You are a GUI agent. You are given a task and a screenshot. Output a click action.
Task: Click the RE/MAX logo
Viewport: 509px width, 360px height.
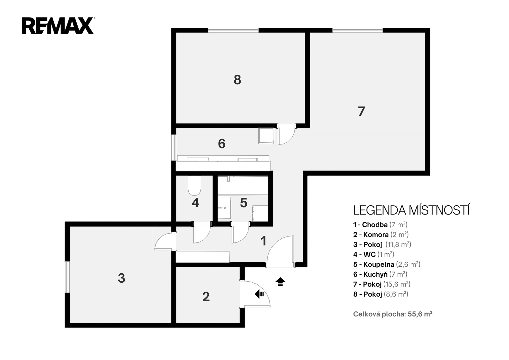pyautogui.click(x=58, y=25)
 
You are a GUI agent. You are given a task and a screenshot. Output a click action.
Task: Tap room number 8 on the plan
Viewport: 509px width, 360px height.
pyautogui.click(x=237, y=80)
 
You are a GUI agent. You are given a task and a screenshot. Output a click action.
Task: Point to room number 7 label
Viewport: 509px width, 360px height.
pyautogui.click(x=361, y=111)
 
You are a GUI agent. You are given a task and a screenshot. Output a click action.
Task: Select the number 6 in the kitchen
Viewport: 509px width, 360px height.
pyautogui.click(x=221, y=144)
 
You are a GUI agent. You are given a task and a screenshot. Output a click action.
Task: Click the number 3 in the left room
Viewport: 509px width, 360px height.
pyautogui.click(x=121, y=278)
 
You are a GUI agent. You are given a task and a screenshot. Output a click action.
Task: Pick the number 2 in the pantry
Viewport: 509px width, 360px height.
pyautogui.click(x=206, y=297)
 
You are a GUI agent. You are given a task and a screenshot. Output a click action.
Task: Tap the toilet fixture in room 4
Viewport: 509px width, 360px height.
pyautogui.click(x=194, y=186)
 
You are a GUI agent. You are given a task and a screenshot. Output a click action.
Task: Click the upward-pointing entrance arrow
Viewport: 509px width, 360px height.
pyautogui.click(x=280, y=282)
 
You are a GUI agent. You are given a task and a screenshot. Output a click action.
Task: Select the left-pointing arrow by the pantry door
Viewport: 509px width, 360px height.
pyautogui.click(x=259, y=294)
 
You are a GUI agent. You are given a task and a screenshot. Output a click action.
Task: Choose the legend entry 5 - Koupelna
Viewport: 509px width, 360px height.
pyautogui.click(x=387, y=264)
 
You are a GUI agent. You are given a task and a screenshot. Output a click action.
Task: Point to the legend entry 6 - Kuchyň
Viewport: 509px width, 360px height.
pyautogui.click(x=380, y=274)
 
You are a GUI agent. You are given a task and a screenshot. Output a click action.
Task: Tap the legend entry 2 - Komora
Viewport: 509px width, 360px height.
pyautogui.click(x=381, y=234)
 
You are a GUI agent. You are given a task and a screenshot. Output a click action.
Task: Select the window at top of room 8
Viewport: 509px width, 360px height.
pyautogui.click(x=234, y=30)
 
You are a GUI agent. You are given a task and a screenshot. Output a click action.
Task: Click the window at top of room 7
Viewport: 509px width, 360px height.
pyautogui.click(x=358, y=30)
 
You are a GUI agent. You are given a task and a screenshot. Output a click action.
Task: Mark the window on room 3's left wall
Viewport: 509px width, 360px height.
pyautogui.click(x=67, y=277)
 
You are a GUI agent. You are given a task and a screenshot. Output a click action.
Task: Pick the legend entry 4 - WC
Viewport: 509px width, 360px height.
pyautogui.click(x=373, y=254)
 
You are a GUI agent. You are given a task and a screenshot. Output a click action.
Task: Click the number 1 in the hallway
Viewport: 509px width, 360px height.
pyautogui.click(x=263, y=241)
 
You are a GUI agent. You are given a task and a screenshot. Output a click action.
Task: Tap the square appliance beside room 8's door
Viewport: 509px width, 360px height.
pyautogui.click(x=266, y=136)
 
